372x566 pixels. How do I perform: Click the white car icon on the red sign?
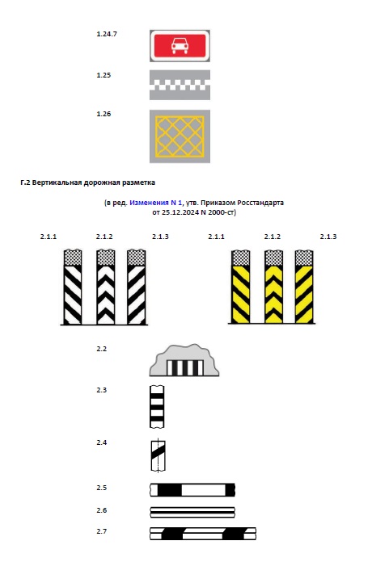click(x=180, y=46)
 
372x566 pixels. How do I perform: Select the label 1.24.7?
click(x=107, y=34)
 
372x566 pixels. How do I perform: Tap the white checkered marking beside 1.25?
click(x=180, y=86)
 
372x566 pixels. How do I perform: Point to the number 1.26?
click(x=104, y=114)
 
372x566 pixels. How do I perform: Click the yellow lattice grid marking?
click(x=180, y=136)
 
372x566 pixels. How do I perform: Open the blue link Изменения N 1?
click(x=156, y=203)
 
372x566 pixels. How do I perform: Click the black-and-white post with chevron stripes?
click(x=106, y=287)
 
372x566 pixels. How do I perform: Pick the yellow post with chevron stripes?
click(x=273, y=287)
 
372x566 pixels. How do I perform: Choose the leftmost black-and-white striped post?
click(x=73, y=287)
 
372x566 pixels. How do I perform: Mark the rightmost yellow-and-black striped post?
click(x=304, y=287)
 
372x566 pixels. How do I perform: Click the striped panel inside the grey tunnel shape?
click(x=184, y=368)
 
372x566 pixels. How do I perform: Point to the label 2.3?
click(x=102, y=390)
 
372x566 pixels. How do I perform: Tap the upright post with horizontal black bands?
click(x=157, y=407)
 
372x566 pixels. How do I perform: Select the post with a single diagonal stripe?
click(x=158, y=456)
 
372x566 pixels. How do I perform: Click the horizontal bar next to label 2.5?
click(x=192, y=490)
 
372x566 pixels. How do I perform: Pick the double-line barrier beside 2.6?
click(x=192, y=512)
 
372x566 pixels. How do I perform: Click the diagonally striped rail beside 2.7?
click(x=203, y=534)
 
